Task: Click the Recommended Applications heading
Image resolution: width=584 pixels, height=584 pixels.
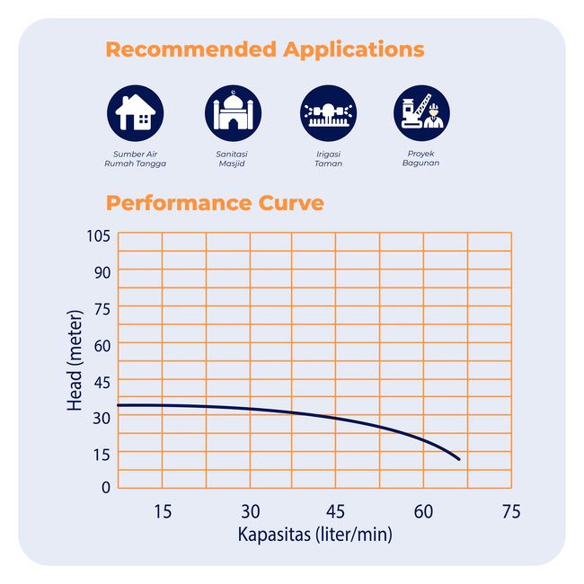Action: pos(264,49)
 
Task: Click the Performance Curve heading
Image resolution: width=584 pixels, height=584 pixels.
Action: pos(214,203)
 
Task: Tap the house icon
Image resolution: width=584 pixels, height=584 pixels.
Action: pos(135,113)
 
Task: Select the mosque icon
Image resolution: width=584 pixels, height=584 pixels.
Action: pos(233,113)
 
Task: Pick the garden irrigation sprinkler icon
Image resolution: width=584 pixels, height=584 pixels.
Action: pos(328,113)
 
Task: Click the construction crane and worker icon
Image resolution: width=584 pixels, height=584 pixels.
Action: pos(421,113)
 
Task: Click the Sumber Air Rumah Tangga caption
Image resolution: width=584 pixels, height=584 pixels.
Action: pos(135,159)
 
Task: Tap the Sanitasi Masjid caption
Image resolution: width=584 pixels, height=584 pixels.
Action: pos(232,159)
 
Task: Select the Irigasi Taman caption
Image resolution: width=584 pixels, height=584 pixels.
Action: pos(328,159)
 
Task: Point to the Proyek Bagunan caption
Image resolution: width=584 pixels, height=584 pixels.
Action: pos(421,159)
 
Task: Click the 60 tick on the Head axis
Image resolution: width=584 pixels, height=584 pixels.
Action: pos(102,345)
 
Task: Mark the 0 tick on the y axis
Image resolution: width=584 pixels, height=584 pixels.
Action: pos(105,488)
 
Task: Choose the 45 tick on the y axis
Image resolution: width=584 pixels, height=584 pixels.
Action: pos(102,382)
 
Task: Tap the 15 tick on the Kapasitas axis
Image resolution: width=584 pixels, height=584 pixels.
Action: pos(162,512)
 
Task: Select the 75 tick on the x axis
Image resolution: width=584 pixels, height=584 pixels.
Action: pos(510,512)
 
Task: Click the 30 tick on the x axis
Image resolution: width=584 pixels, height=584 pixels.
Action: pos(250,512)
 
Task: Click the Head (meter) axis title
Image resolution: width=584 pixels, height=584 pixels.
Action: pos(75,360)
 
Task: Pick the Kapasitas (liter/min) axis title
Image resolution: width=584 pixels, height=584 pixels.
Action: pos(314,535)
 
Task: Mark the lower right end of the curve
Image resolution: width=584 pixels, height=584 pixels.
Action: pos(459,459)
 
